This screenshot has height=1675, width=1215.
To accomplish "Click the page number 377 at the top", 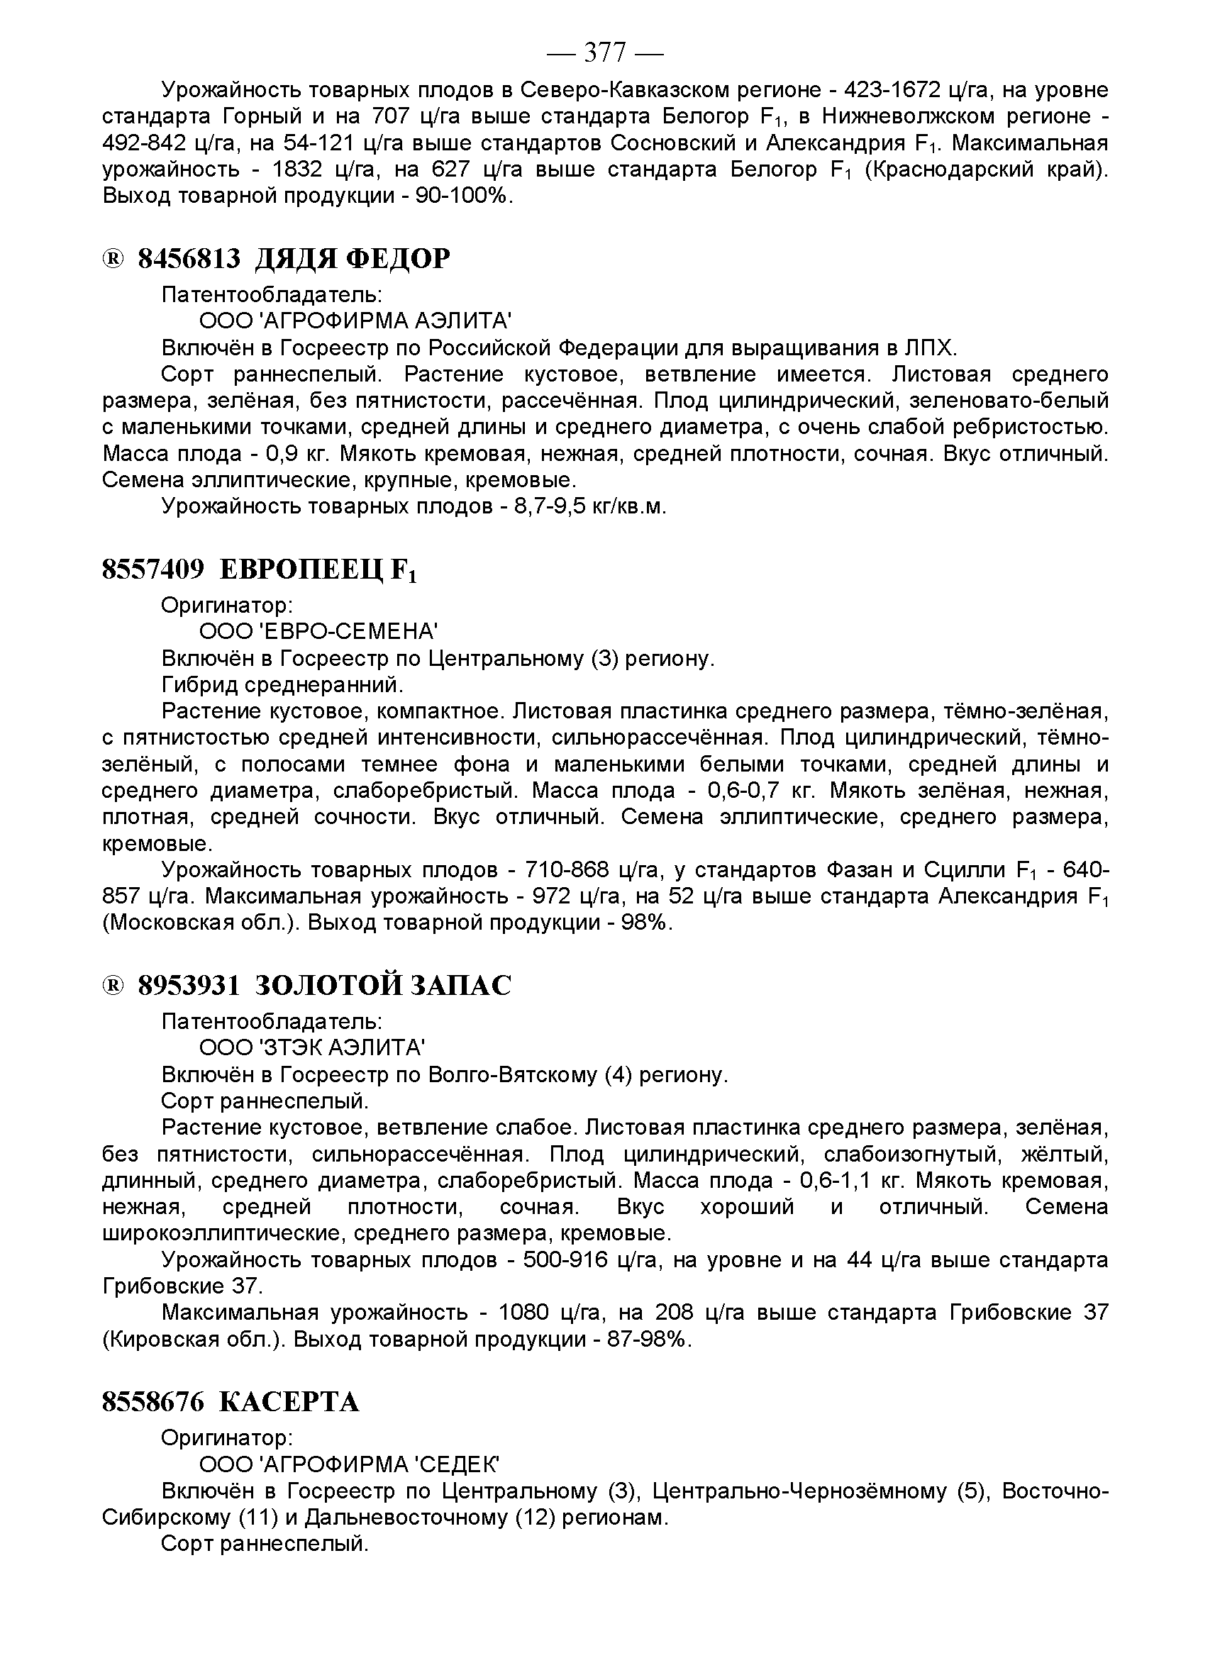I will click(605, 53).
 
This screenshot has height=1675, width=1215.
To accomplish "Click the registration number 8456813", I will click(189, 259).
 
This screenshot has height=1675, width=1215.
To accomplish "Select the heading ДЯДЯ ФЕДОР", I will click(353, 259).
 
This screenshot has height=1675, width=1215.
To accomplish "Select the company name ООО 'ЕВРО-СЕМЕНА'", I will click(318, 631).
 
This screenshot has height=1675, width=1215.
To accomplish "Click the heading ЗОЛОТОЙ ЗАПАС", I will click(382, 985).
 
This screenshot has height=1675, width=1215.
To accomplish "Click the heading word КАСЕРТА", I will click(289, 1402).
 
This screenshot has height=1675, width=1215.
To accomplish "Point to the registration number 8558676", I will click(153, 1402).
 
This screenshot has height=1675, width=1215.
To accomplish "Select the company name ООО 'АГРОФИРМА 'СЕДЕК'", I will click(350, 1464).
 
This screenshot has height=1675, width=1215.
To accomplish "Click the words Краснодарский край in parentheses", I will click(985, 170).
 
